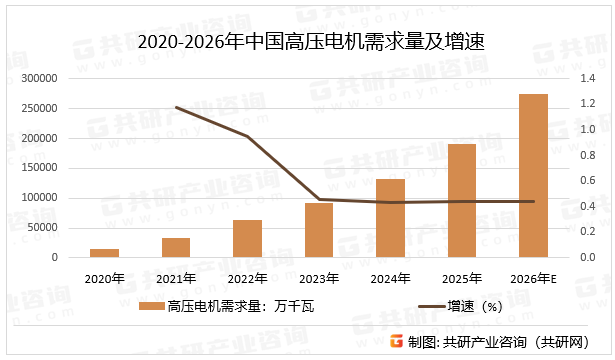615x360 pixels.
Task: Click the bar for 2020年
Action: pos(105,253)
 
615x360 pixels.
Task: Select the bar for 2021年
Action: pos(176,247)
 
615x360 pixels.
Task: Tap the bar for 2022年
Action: pos(247,239)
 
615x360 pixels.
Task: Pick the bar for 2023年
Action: pos(319,230)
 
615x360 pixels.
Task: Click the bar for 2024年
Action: pos(390,218)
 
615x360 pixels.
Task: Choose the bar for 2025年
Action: pos(461,201)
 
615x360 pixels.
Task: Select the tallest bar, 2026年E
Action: pos(533,176)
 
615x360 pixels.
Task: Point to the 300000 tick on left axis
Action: pos(39,78)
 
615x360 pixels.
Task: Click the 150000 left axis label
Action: pos(39,168)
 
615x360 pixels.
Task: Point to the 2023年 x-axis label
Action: pos(319,277)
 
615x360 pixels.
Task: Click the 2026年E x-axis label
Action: pos(534,277)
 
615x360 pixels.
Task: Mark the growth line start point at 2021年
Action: pos(176,107)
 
